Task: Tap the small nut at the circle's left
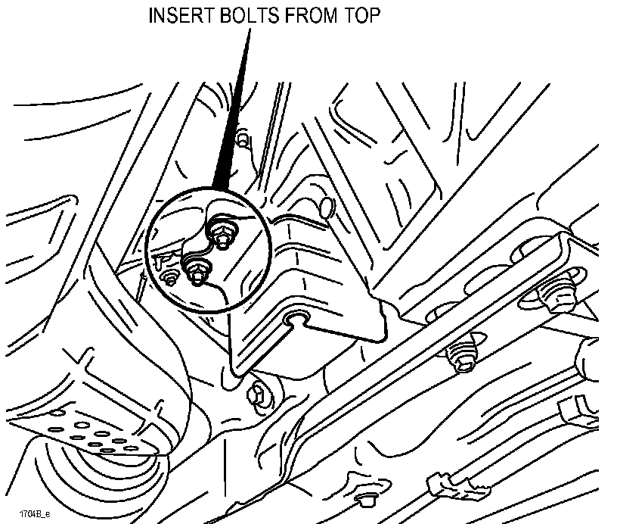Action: [169, 278]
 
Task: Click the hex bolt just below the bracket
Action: [258, 391]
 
